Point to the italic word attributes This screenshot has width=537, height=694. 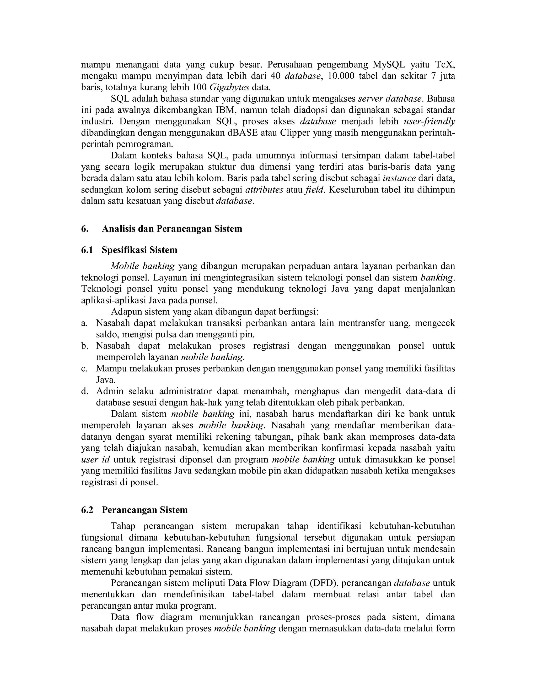tap(264, 190)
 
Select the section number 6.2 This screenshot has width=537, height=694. tap(87, 510)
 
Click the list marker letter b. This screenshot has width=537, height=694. tap(84, 346)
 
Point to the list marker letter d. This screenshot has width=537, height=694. tap(84, 391)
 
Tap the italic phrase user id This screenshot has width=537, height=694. tap(95, 460)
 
